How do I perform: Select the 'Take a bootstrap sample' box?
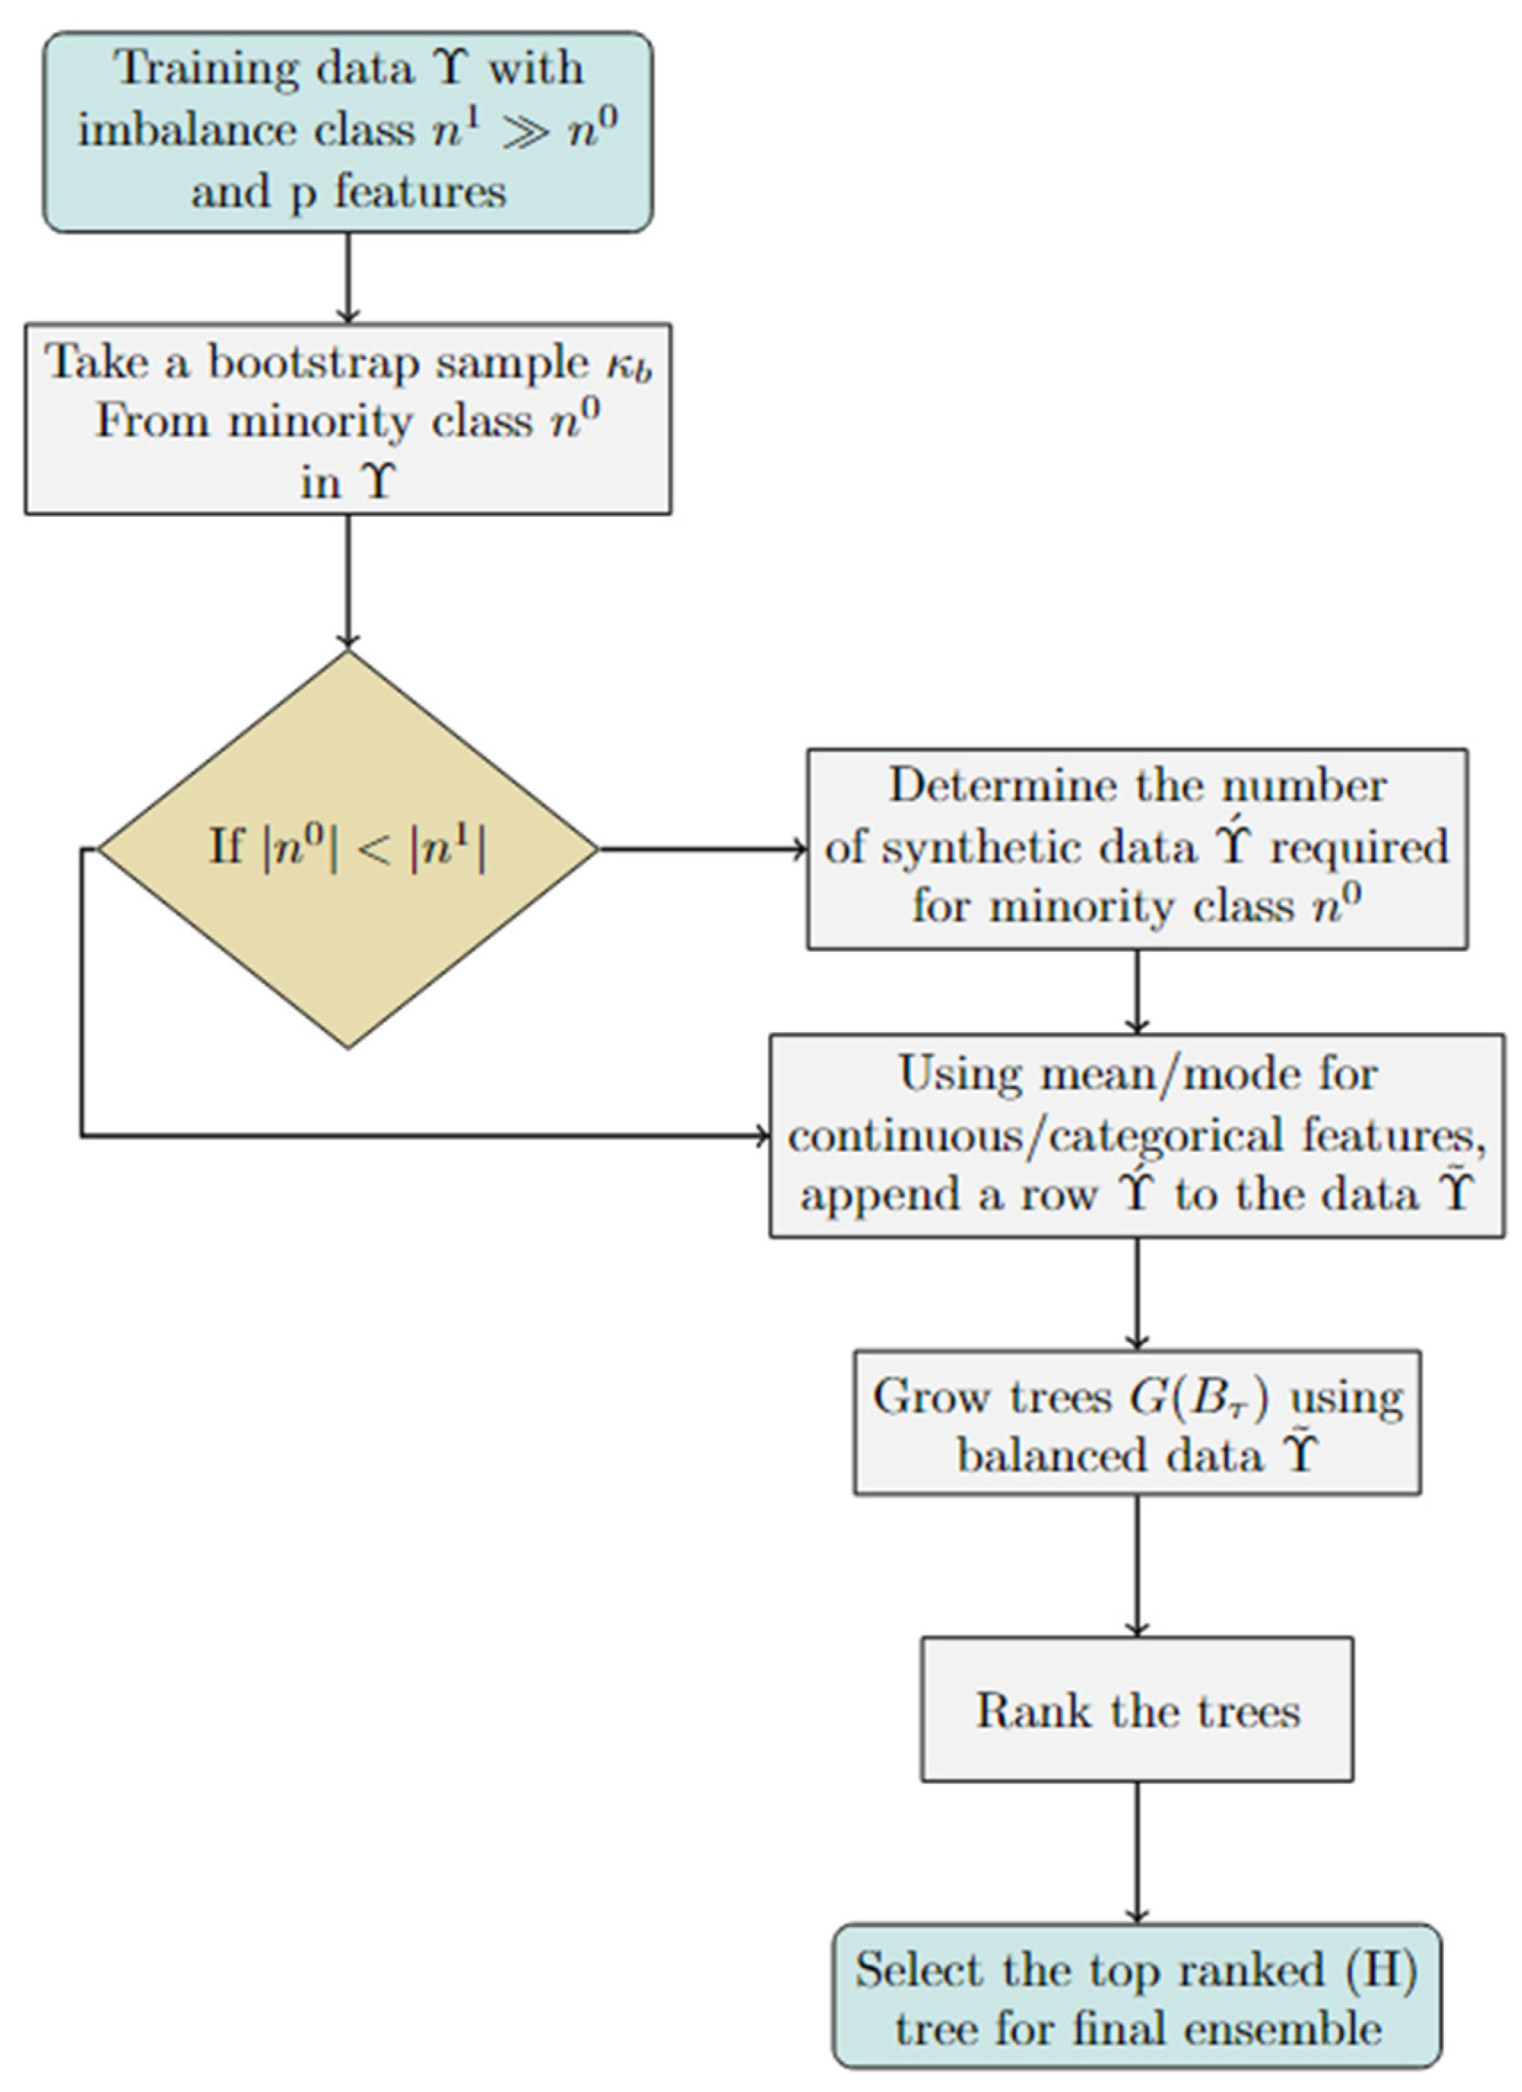pyautogui.click(x=347, y=419)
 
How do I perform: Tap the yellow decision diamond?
pyautogui.click(x=347, y=849)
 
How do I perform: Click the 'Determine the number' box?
pyautogui.click(x=1137, y=849)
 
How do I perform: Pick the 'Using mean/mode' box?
pyautogui.click(x=1137, y=1136)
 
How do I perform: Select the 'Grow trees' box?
pyautogui.click(x=1137, y=1423)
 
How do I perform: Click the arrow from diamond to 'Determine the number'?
pyautogui.click(x=701, y=849)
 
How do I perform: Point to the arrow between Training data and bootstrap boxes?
pyautogui.click(x=347, y=277)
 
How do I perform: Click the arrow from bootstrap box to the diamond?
pyautogui.click(x=347, y=581)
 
